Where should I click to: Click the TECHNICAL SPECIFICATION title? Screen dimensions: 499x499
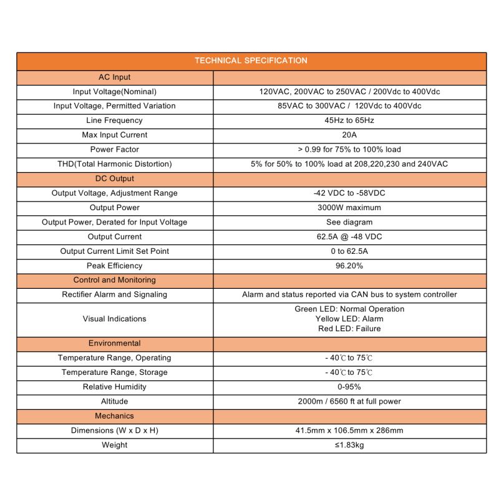click(x=251, y=61)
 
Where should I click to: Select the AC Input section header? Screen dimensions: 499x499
click(x=115, y=77)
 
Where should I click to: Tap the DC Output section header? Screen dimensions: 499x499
click(x=115, y=178)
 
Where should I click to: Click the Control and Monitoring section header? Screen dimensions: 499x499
click(x=115, y=280)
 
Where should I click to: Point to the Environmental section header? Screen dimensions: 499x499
click(x=115, y=343)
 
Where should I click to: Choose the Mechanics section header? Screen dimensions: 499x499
click(x=115, y=415)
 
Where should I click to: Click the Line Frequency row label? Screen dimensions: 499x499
click(x=115, y=120)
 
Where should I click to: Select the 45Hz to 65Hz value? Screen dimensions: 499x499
click(x=349, y=120)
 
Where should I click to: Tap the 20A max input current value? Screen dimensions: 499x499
click(x=349, y=135)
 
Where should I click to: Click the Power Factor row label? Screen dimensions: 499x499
click(x=115, y=149)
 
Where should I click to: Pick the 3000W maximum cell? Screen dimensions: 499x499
click(x=349, y=208)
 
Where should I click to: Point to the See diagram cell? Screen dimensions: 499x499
click(x=349, y=222)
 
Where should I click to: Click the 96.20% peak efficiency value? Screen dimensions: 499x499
click(x=349, y=266)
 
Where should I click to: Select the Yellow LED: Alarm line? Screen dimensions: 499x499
click(x=349, y=319)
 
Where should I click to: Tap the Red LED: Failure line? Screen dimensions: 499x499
click(x=349, y=329)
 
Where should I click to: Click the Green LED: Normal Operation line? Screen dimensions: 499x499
click(x=349, y=309)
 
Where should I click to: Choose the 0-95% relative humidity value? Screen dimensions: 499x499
click(x=349, y=387)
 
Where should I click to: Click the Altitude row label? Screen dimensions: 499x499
click(x=115, y=401)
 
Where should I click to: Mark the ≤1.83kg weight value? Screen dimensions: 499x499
click(x=349, y=445)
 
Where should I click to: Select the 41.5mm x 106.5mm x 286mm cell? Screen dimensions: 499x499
click(x=349, y=430)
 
